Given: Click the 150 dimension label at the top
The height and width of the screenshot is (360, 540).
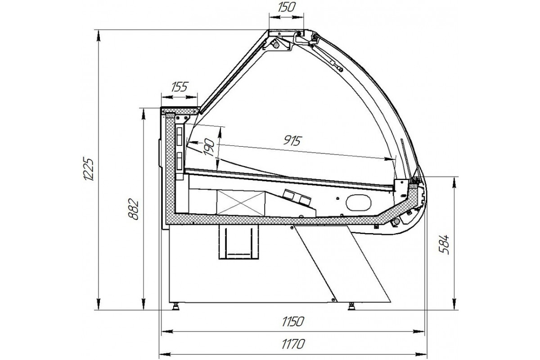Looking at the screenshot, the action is [x=286, y=7].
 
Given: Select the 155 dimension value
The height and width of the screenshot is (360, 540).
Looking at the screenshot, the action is [x=180, y=87].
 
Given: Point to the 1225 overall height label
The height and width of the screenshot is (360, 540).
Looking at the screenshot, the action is [x=87, y=169].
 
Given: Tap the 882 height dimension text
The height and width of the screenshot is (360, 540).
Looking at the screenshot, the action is [x=133, y=209].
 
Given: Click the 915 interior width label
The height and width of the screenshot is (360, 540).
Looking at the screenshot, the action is [x=292, y=141].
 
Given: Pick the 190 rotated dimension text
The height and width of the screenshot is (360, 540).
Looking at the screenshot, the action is [x=209, y=148].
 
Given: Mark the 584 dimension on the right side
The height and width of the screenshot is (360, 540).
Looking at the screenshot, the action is [x=444, y=244].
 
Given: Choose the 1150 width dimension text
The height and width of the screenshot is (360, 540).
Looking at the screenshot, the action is [x=293, y=321].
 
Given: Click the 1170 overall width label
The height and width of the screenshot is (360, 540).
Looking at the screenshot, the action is [x=293, y=344].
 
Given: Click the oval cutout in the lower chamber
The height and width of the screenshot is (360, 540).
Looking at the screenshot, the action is [x=359, y=202].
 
